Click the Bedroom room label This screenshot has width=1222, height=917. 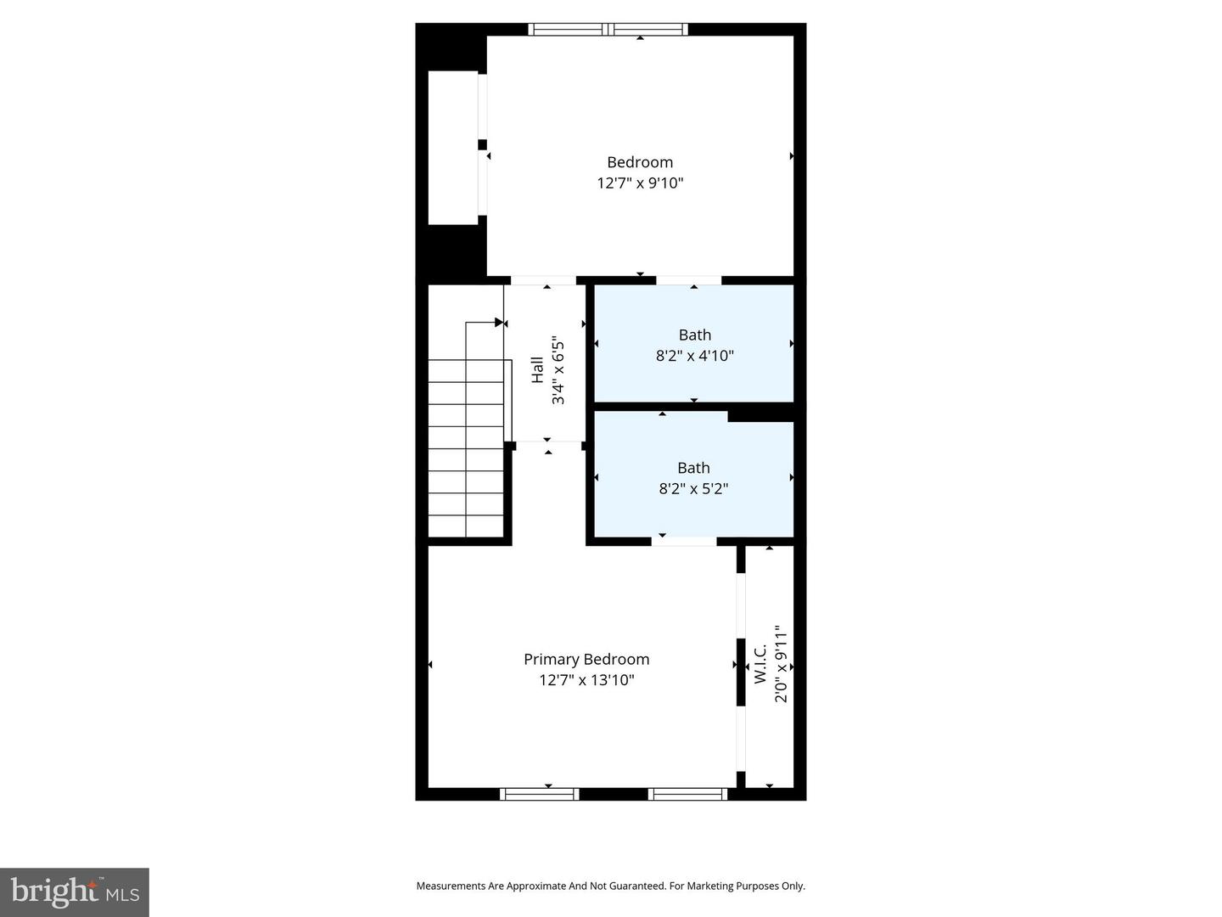coord(640,162)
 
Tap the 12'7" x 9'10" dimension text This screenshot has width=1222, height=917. coord(640,183)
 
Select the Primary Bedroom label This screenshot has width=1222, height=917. coord(586,659)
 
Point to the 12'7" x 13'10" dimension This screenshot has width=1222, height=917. coord(586,680)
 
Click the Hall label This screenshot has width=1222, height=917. coord(537,370)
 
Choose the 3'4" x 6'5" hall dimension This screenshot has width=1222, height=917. coord(558,371)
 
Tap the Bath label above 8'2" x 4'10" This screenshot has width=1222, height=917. coord(694,335)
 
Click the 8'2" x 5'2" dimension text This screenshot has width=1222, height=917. coord(693,488)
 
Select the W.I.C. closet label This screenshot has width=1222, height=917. coord(760,663)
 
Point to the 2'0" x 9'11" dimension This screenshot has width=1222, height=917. coord(781,664)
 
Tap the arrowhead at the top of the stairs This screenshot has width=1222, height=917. coord(500,323)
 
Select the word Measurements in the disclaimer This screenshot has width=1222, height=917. coord(451,886)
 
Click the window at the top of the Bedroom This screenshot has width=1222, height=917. coord(608,30)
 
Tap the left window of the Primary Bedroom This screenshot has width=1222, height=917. coord(539,794)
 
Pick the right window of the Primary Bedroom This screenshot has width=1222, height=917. coord(687,794)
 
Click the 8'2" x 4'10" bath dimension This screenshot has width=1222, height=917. coord(694,356)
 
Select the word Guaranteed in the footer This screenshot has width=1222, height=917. coord(636,886)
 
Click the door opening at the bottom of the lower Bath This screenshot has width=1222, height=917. coord(684,540)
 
